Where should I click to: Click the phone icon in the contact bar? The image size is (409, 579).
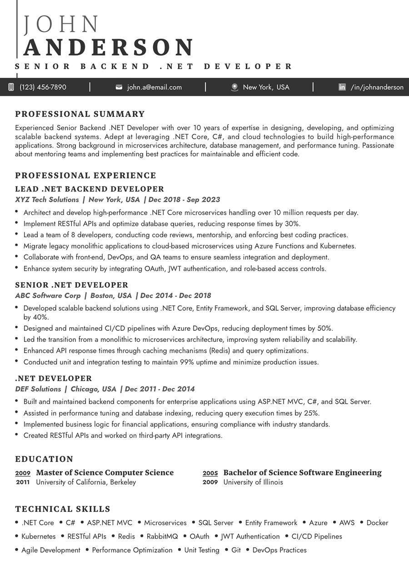pyautogui.click(x=11, y=87)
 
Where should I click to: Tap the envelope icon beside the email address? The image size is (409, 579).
pyautogui.click(x=119, y=87)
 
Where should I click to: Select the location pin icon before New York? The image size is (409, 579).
pyautogui.click(x=234, y=87)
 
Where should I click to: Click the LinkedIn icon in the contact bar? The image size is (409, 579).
pyautogui.click(x=342, y=87)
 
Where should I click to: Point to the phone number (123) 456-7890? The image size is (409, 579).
pyautogui.click(x=43, y=87)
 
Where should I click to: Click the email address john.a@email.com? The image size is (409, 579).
pyautogui.click(x=155, y=87)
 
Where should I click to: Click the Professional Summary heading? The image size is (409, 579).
pyautogui.click(x=80, y=114)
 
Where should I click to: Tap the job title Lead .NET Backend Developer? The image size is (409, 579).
pyautogui.click(x=90, y=189)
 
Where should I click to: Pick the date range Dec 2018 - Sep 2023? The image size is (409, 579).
pyautogui.click(x=184, y=200)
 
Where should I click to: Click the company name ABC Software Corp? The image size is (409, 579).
pyautogui.click(x=48, y=295)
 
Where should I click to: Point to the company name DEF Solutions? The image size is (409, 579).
pyautogui.click(x=38, y=389)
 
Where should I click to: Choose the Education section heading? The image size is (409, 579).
pyautogui.click(x=44, y=459)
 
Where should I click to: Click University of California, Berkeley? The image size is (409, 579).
pyautogui.click(x=86, y=482)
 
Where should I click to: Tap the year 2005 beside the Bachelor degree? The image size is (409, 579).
pyautogui.click(x=210, y=473)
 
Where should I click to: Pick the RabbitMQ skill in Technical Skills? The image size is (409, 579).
pyautogui.click(x=162, y=536)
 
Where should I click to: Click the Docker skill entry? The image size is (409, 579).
pyautogui.click(x=377, y=523)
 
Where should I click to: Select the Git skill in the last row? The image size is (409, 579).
pyautogui.click(x=236, y=550)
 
